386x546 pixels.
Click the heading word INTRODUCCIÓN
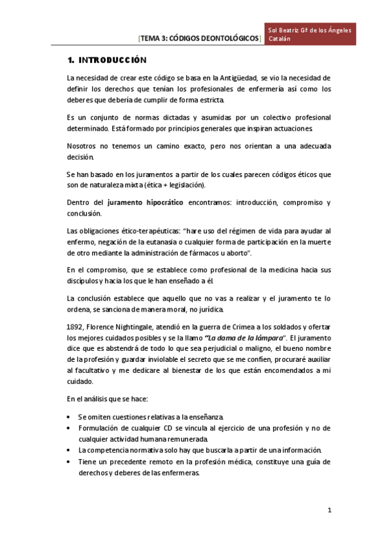(113, 61)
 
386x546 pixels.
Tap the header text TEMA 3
(154, 39)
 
